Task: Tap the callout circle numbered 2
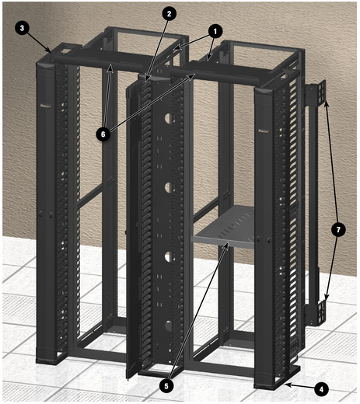(x=169, y=14)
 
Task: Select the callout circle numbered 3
(x=22, y=28)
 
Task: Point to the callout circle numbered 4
(x=321, y=389)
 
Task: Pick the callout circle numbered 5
(x=166, y=386)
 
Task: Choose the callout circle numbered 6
(x=103, y=134)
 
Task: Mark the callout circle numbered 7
(x=338, y=230)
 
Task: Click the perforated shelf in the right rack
(x=224, y=228)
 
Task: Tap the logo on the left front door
(x=46, y=106)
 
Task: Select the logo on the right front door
(x=264, y=131)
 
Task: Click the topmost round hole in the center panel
(x=168, y=118)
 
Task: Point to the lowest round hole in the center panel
(x=168, y=326)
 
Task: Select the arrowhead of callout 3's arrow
(x=49, y=50)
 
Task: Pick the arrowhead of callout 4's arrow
(x=287, y=385)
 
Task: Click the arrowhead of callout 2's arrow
(x=147, y=79)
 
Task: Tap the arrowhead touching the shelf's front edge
(x=227, y=244)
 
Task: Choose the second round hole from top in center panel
(x=168, y=187)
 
